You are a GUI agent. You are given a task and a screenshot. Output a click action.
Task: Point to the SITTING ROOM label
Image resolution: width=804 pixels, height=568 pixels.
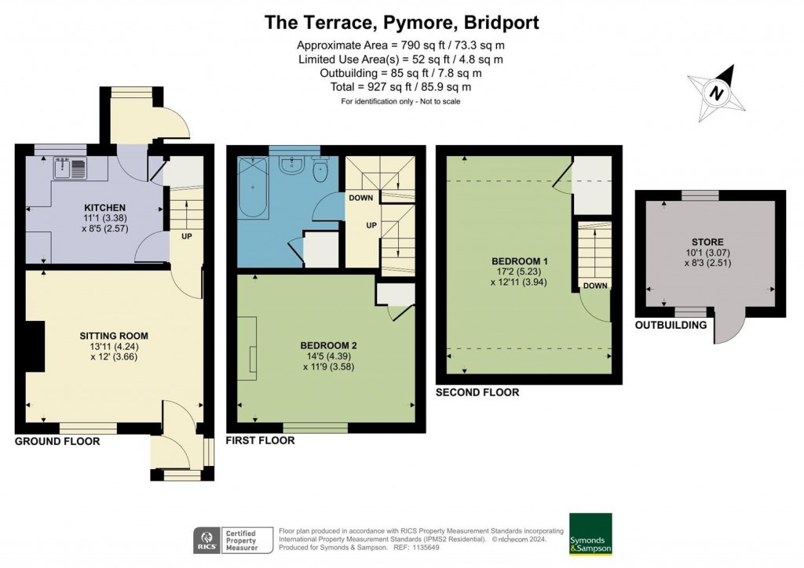pyautogui.click(x=114, y=336)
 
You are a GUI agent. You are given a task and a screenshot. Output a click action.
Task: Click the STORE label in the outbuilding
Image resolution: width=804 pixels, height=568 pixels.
pyautogui.click(x=708, y=242)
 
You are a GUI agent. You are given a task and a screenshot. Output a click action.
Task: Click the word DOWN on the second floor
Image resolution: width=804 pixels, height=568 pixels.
pyautogui.click(x=594, y=286)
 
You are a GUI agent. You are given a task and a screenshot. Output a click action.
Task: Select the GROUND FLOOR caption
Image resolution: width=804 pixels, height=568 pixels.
pyautogui.click(x=57, y=441)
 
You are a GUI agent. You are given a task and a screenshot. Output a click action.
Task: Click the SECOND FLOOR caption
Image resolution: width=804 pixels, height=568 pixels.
pyautogui.click(x=477, y=392)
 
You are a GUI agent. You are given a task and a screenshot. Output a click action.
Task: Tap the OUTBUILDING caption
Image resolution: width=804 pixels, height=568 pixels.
pyautogui.click(x=671, y=325)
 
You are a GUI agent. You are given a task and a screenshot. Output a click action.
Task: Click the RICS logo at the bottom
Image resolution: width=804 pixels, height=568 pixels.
pyautogui.click(x=206, y=541)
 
